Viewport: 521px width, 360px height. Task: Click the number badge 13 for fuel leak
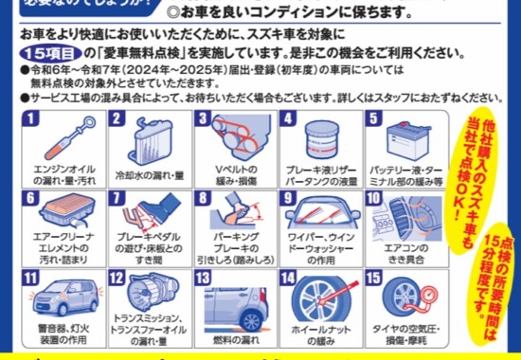(x=203, y=279)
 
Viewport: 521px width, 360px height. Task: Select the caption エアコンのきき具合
(x=399, y=248)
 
